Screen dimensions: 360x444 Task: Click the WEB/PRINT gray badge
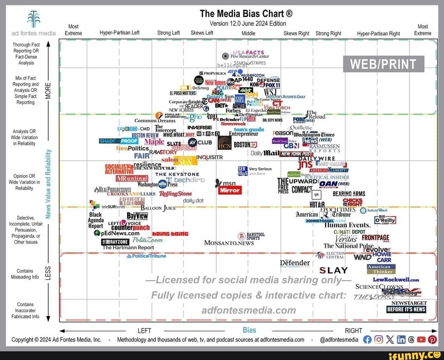click(x=383, y=64)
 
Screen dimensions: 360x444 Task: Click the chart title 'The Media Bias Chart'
click(x=246, y=14)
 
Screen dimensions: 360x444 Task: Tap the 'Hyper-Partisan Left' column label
click(x=120, y=34)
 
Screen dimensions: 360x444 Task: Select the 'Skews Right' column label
click(x=296, y=34)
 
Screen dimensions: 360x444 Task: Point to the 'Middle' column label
click(x=248, y=34)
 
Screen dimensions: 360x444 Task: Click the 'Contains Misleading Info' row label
click(x=25, y=274)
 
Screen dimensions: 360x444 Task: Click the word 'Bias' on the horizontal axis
click(x=249, y=330)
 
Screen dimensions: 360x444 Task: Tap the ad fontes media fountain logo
click(x=33, y=18)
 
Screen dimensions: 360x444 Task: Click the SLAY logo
click(x=333, y=270)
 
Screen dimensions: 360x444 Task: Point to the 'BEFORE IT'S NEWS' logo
click(x=406, y=309)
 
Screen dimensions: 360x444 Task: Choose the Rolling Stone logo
click(x=175, y=194)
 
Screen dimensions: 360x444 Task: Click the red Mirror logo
click(x=230, y=190)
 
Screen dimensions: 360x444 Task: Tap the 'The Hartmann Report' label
click(x=128, y=247)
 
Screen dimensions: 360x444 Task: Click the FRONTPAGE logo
click(x=375, y=238)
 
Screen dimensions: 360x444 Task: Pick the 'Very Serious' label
click(x=260, y=169)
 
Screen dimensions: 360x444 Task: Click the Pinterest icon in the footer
click(x=432, y=339)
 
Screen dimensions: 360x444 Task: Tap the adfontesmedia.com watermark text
click(x=249, y=310)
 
